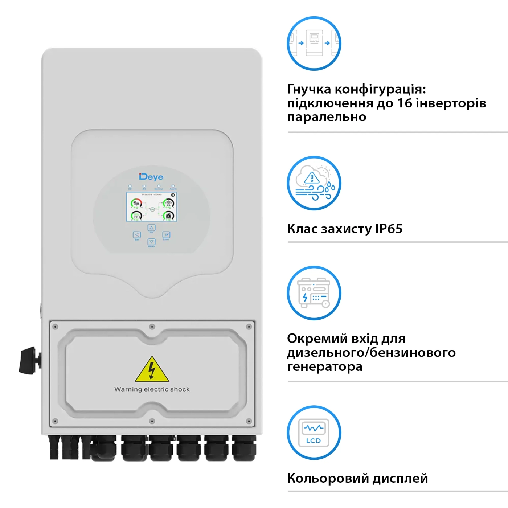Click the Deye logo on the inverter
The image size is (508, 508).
(151, 177)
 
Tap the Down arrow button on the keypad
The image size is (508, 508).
(152, 242)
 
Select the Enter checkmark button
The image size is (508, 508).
(166, 235)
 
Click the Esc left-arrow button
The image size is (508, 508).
(137, 235)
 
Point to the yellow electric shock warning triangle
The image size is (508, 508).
(152, 370)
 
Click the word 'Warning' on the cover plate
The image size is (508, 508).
(128, 389)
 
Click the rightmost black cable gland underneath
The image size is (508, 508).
(244, 448)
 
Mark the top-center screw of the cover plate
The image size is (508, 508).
(152, 327)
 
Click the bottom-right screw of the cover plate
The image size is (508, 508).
(249, 421)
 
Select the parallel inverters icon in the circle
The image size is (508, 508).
(314, 43)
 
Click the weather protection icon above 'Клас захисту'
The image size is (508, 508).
(314, 183)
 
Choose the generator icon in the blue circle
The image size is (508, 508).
(314, 293)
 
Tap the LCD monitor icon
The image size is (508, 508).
(314, 433)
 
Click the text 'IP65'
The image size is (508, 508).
(389, 229)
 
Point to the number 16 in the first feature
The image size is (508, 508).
(405, 103)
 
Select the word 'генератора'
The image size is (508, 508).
(325, 366)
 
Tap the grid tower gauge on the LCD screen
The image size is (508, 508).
(168, 203)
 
